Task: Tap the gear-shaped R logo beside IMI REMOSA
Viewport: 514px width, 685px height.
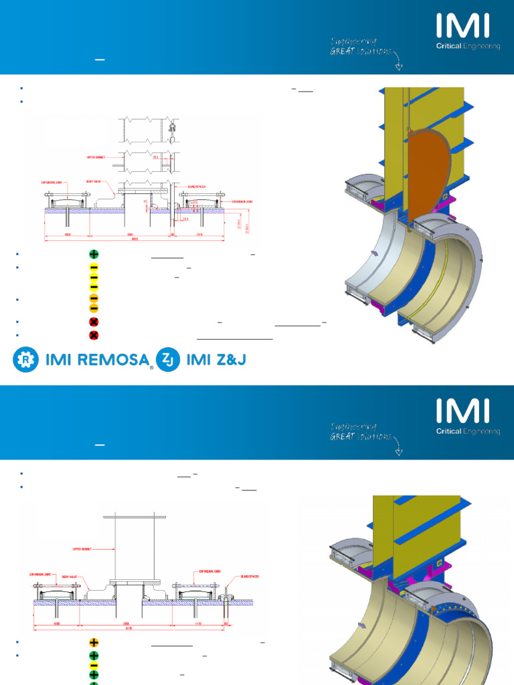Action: click(24, 360)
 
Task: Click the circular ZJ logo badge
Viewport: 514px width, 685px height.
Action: click(168, 360)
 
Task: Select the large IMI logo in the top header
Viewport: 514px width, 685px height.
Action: click(463, 26)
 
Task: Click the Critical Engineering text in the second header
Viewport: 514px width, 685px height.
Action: click(468, 431)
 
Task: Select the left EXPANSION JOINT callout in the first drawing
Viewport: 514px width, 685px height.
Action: click(53, 181)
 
